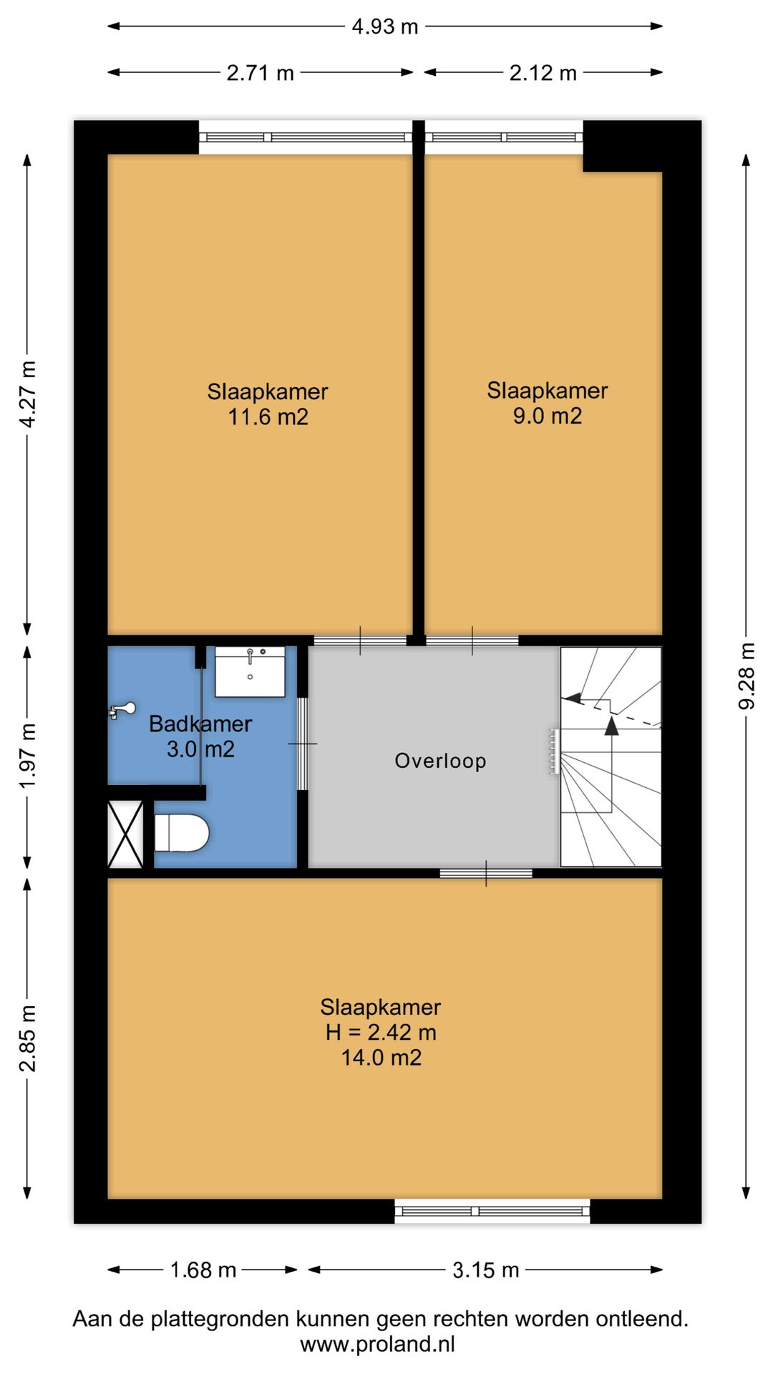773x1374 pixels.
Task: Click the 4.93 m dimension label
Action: [x=385, y=26]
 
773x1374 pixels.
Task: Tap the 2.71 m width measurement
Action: [x=261, y=73]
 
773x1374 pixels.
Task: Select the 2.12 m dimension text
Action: [x=543, y=73]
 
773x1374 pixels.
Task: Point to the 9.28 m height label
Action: [x=747, y=676]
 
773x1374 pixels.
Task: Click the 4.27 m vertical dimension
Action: [x=27, y=394]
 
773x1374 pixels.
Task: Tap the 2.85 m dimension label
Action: [x=27, y=1038]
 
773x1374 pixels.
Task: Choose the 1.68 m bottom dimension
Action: [x=203, y=1270]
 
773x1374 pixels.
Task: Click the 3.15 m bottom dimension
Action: [x=486, y=1270]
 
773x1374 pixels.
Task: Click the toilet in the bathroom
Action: [x=182, y=834]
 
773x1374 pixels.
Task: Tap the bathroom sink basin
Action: [x=250, y=672]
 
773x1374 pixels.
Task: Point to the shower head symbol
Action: [x=122, y=710]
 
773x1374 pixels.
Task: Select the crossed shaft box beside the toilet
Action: [x=125, y=834]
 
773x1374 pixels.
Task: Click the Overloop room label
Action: [x=440, y=761]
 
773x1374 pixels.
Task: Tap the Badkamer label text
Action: [x=200, y=724]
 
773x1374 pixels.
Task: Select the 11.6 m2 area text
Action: [x=268, y=417]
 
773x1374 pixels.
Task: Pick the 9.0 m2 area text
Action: [x=548, y=416]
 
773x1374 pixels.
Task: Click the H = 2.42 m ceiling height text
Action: [x=381, y=1033]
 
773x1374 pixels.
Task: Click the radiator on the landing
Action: [x=553, y=751]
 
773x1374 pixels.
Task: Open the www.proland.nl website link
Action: [x=378, y=1345]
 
